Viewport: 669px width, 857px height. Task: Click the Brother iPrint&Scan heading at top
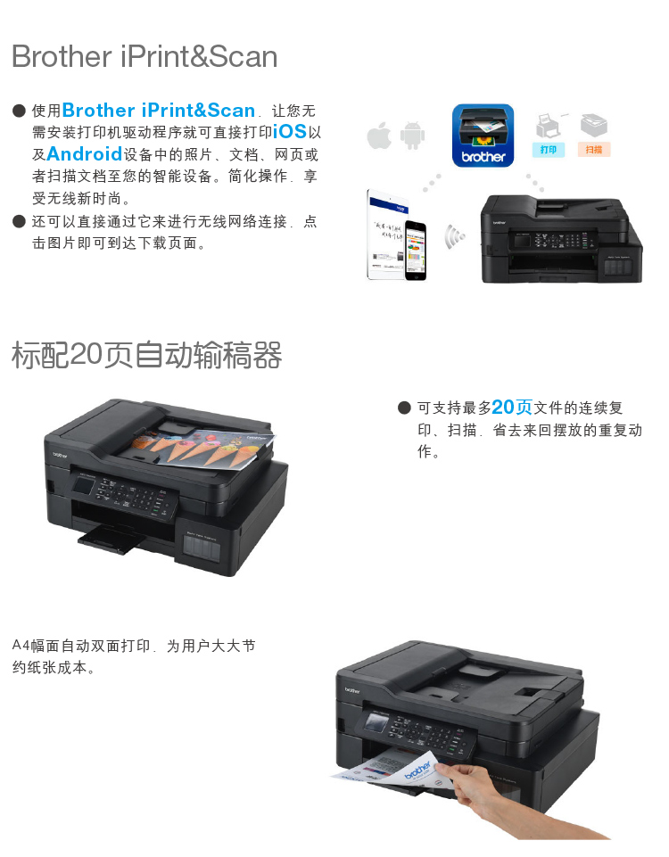[x=145, y=57]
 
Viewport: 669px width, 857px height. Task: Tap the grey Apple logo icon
[x=379, y=136]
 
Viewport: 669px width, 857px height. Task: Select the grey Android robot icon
[x=413, y=135]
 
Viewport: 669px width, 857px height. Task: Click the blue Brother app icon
[x=483, y=136]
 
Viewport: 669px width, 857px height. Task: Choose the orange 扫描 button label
[x=594, y=150]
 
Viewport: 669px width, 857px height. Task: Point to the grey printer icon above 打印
[x=549, y=126]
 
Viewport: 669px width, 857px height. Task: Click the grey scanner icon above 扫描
[x=594, y=126]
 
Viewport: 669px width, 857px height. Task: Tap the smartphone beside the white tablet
[x=416, y=251]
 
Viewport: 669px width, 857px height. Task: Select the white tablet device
[x=387, y=234]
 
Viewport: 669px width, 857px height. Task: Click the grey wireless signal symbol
[x=454, y=236]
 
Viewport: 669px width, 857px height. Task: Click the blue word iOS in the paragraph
[x=290, y=132]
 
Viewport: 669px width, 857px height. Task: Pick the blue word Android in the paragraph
[x=84, y=154]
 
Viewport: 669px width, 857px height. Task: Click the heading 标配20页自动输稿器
[x=147, y=355]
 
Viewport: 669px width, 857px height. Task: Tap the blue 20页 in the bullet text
[x=512, y=408]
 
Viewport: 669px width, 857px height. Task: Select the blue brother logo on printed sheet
[x=417, y=770]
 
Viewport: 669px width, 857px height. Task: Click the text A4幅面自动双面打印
[x=81, y=646]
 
